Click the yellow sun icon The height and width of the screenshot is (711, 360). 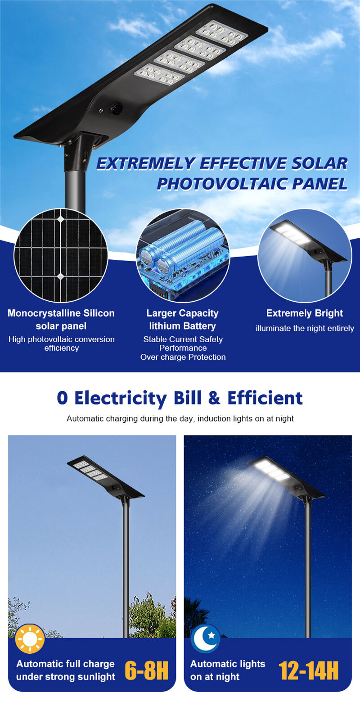30,639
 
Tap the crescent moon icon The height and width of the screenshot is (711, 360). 205,639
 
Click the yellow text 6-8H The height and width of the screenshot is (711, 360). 146,670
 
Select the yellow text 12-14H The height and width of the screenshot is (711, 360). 308,670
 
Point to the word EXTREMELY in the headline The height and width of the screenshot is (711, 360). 146,164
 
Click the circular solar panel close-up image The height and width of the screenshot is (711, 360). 61,255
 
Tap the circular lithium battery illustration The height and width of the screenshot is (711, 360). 183,255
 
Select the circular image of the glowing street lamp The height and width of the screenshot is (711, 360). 305,255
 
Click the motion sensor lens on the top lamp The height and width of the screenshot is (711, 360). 116,109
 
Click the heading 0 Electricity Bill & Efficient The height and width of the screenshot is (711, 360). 180,398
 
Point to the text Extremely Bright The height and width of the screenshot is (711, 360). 305,313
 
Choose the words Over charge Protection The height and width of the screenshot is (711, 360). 183,357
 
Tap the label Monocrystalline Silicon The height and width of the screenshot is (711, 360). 61,313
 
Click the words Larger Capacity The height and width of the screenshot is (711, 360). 182,313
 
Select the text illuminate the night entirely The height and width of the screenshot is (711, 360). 305,328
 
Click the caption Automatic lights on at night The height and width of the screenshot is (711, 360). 227,670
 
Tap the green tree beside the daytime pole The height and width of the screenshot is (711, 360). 152,617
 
